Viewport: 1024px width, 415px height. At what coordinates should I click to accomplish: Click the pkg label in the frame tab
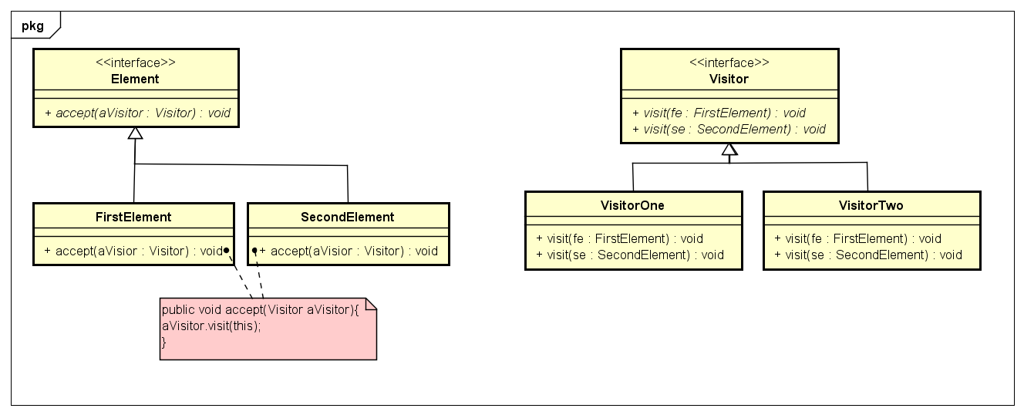tap(33, 25)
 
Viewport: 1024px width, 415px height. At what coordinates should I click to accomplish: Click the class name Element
tap(135, 79)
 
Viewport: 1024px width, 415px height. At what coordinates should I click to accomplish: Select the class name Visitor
tap(729, 79)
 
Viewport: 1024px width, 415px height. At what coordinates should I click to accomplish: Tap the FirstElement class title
tap(133, 217)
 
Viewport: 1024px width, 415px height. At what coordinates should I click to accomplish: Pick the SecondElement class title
tap(347, 217)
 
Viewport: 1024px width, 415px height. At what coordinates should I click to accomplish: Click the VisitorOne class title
tap(632, 205)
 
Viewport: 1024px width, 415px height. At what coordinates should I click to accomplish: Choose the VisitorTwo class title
tap(871, 205)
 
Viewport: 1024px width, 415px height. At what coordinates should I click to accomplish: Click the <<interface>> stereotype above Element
tap(135, 63)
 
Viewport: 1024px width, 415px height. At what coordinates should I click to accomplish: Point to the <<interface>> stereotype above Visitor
tap(729, 63)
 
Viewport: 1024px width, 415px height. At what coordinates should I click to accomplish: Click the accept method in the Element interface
tap(137, 113)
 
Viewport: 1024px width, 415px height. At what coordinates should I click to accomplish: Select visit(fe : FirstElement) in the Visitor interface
tap(719, 113)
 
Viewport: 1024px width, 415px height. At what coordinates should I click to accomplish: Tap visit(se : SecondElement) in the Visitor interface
tap(729, 129)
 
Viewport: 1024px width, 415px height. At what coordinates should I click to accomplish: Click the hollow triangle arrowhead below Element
tap(135, 133)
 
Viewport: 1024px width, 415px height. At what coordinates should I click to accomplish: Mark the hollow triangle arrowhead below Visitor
tap(729, 150)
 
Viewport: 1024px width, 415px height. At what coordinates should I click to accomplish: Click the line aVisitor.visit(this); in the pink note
tap(211, 326)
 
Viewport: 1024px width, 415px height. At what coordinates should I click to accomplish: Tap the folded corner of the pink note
tap(370, 305)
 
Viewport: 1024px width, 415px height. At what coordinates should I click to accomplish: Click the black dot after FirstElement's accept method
tap(227, 251)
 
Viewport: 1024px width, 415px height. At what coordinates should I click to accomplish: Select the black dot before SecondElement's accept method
tap(254, 251)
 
